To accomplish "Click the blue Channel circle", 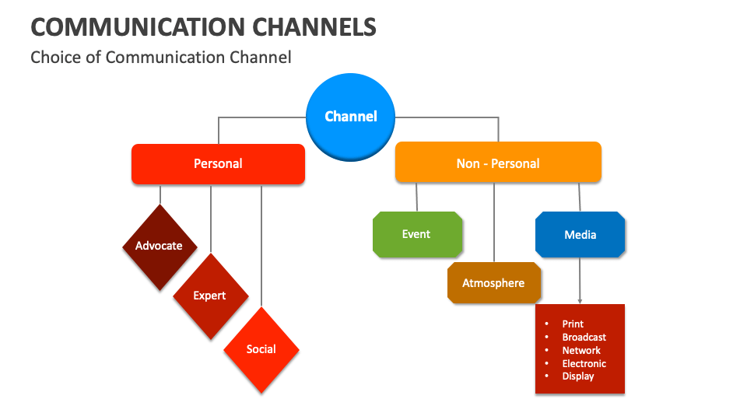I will point(351,117).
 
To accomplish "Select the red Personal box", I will point(218,164).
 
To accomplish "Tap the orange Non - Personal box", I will point(498,163).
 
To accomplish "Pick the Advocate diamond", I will point(160,247).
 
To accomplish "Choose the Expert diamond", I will point(210,296).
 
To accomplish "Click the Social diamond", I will point(261,349).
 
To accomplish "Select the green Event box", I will point(417,234).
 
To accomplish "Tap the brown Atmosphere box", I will point(493,283).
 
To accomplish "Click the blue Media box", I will point(580,234).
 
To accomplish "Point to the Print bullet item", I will point(573,324).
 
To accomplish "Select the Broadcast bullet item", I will point(584,337).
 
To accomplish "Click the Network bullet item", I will point(581,350).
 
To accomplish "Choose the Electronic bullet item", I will point(584,363).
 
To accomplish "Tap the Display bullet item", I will point(578,376).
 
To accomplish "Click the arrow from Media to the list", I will point(580,280).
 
